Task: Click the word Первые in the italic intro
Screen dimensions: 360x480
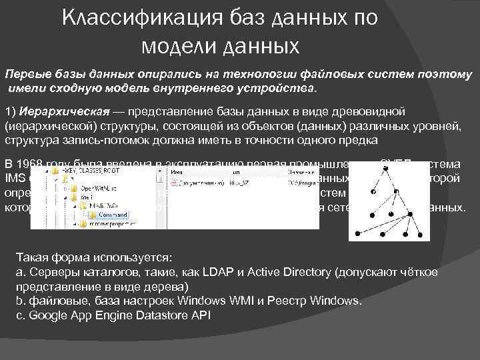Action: point(25,74)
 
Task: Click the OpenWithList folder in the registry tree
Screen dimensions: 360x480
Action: point(101,189)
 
